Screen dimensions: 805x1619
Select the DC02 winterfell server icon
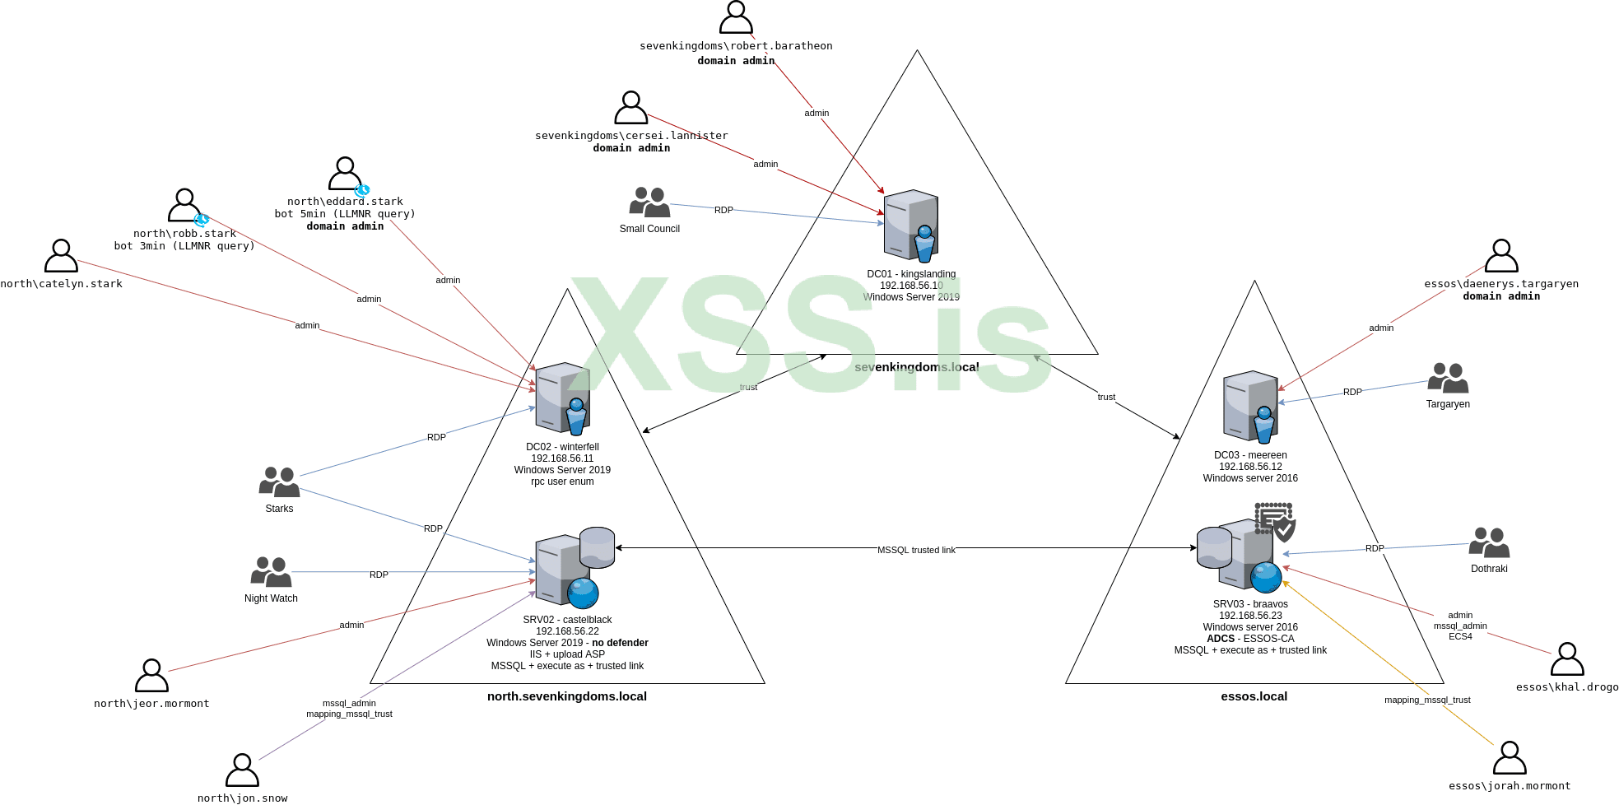point(563,398)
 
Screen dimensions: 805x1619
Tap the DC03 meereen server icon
point(1250,407)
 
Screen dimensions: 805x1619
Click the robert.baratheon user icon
point(736,17)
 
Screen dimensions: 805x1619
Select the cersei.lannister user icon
point(631,108)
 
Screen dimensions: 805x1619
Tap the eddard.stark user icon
point(345,174)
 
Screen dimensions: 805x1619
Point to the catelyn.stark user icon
point(61,256)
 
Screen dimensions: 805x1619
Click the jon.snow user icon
point(242,770)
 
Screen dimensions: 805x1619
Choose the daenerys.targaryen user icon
point(1501,256)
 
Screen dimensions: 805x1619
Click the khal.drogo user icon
point(1567,659)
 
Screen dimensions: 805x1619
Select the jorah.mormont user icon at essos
point(1510,758)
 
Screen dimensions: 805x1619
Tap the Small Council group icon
point(649,202)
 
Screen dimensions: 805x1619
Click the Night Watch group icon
point(271,572)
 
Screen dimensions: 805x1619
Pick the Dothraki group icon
point(1489,543)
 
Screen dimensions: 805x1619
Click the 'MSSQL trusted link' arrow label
point(916,550)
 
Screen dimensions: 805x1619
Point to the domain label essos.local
point(1254,696)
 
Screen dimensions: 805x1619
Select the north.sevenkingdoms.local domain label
point(567,696)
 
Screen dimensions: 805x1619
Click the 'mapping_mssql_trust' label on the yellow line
point(1427,700)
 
